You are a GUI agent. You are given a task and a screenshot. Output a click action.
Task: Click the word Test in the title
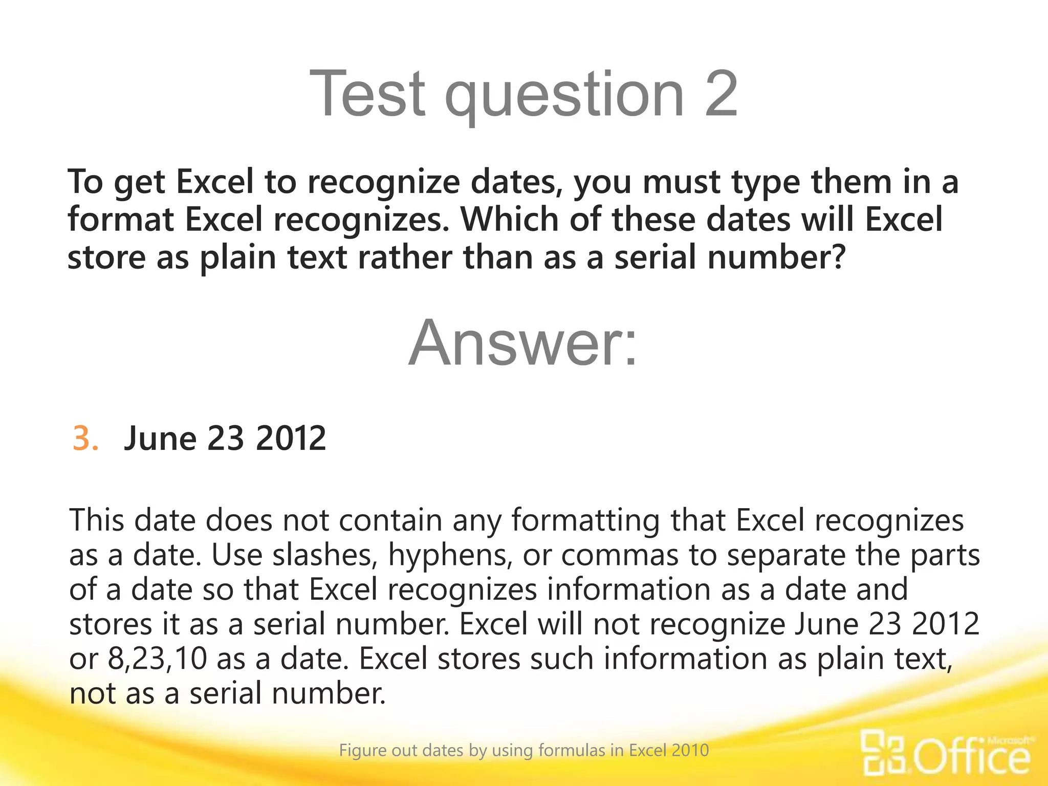pos(367,94)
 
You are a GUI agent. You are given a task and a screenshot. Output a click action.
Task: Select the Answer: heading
pos(523,342)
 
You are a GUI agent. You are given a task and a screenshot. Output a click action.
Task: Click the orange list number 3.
pos(85,439)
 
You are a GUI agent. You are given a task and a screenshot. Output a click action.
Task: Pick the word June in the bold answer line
pos(160,439)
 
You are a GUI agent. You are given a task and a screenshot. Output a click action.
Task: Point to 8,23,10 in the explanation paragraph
pos(158,659)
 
